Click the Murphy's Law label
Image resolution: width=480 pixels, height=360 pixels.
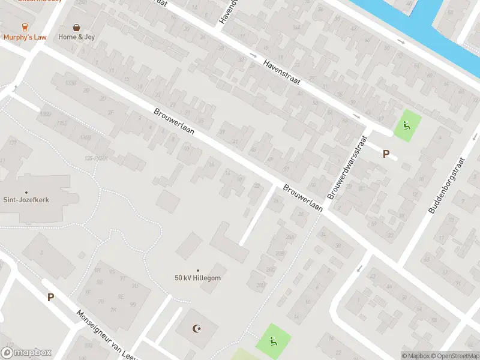coord(25,37)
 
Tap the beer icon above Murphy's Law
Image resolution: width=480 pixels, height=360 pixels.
coord(25,27)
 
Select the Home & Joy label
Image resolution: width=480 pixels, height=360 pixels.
coord(76,37)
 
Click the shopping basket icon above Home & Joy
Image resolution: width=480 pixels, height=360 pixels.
coord(77,27)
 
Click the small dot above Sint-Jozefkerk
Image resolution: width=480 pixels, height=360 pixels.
coord(26,176)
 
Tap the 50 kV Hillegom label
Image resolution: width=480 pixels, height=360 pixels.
coord(197,278)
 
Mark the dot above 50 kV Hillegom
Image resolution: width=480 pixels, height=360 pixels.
coord(197,271)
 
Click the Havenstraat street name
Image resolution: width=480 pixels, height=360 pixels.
coord(281,71)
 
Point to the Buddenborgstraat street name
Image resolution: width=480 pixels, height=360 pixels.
coord(448,185)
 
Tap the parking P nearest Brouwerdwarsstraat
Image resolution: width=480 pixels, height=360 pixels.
coord(386,154)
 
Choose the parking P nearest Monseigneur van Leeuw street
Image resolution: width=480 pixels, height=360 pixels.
coord(51,297)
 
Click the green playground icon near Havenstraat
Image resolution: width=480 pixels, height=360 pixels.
coord(407,126)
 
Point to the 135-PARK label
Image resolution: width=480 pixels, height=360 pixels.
coord(96,158)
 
